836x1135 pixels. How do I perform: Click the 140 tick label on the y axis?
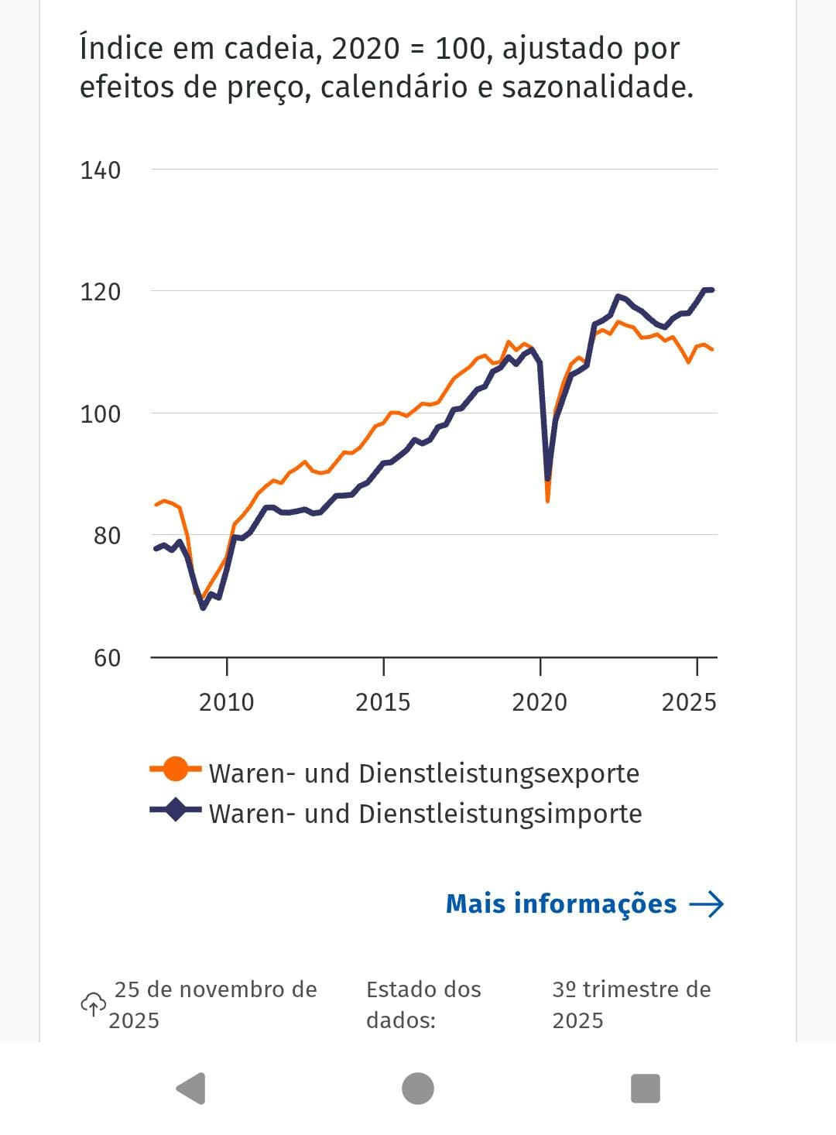[x=101, y=170]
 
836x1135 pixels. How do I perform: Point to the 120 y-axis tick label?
[x=101, y=292]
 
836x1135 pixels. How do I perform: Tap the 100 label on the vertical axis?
[x=101, y=414]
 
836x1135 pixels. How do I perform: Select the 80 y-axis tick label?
[x=107, y=536]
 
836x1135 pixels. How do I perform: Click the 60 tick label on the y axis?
[x=107, y=658]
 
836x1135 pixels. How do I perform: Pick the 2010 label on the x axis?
[x=226, y=702]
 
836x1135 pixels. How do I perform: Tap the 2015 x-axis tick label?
[x=382, y=702]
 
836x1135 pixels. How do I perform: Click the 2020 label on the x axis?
[x=540, y=702]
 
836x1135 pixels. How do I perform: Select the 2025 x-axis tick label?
[x=689, y=702]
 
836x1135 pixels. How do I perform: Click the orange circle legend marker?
[x=176, y=769]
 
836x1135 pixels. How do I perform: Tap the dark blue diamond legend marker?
[x=176, y=810]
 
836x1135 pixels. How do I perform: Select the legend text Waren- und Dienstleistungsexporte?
[x=424, y=773]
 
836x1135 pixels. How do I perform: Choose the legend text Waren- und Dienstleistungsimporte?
[x=426, y=814]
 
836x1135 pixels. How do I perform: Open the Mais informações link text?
[x=561, y=904]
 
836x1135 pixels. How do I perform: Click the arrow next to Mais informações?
[x=706, y=904]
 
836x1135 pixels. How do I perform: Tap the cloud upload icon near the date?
[x=93, y=1004]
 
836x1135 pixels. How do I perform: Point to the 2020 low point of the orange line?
[x=547, y=500]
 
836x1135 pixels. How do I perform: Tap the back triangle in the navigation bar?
[x=190, y=1089]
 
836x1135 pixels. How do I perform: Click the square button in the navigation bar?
[x=645, y=1089]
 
